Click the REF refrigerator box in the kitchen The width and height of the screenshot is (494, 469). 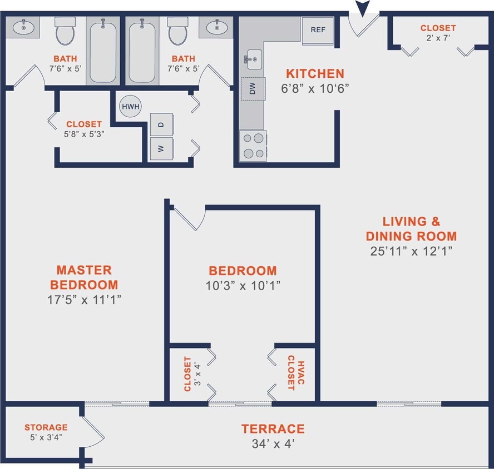pos(318,30)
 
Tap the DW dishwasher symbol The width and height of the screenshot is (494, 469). pos(252,89)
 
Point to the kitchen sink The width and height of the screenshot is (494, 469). pos(253,59)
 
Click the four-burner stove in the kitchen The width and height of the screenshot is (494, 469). pos(253,146)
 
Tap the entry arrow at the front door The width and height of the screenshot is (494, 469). pos(363,9)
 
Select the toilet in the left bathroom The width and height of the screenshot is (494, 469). pos(65,32)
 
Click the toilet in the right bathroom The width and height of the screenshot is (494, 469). pos(178,32)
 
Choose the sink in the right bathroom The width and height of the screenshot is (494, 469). pos(216,26)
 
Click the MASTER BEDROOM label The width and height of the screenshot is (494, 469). pos(84,277)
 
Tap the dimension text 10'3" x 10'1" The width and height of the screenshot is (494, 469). pos(243,286)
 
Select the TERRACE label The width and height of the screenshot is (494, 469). pos(273,428)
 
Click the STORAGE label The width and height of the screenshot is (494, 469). pos(46,427)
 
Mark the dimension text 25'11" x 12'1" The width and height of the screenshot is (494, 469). pos(411,251)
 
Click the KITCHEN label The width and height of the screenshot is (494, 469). pos(315,73)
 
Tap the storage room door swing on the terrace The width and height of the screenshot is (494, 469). pos(93,430)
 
